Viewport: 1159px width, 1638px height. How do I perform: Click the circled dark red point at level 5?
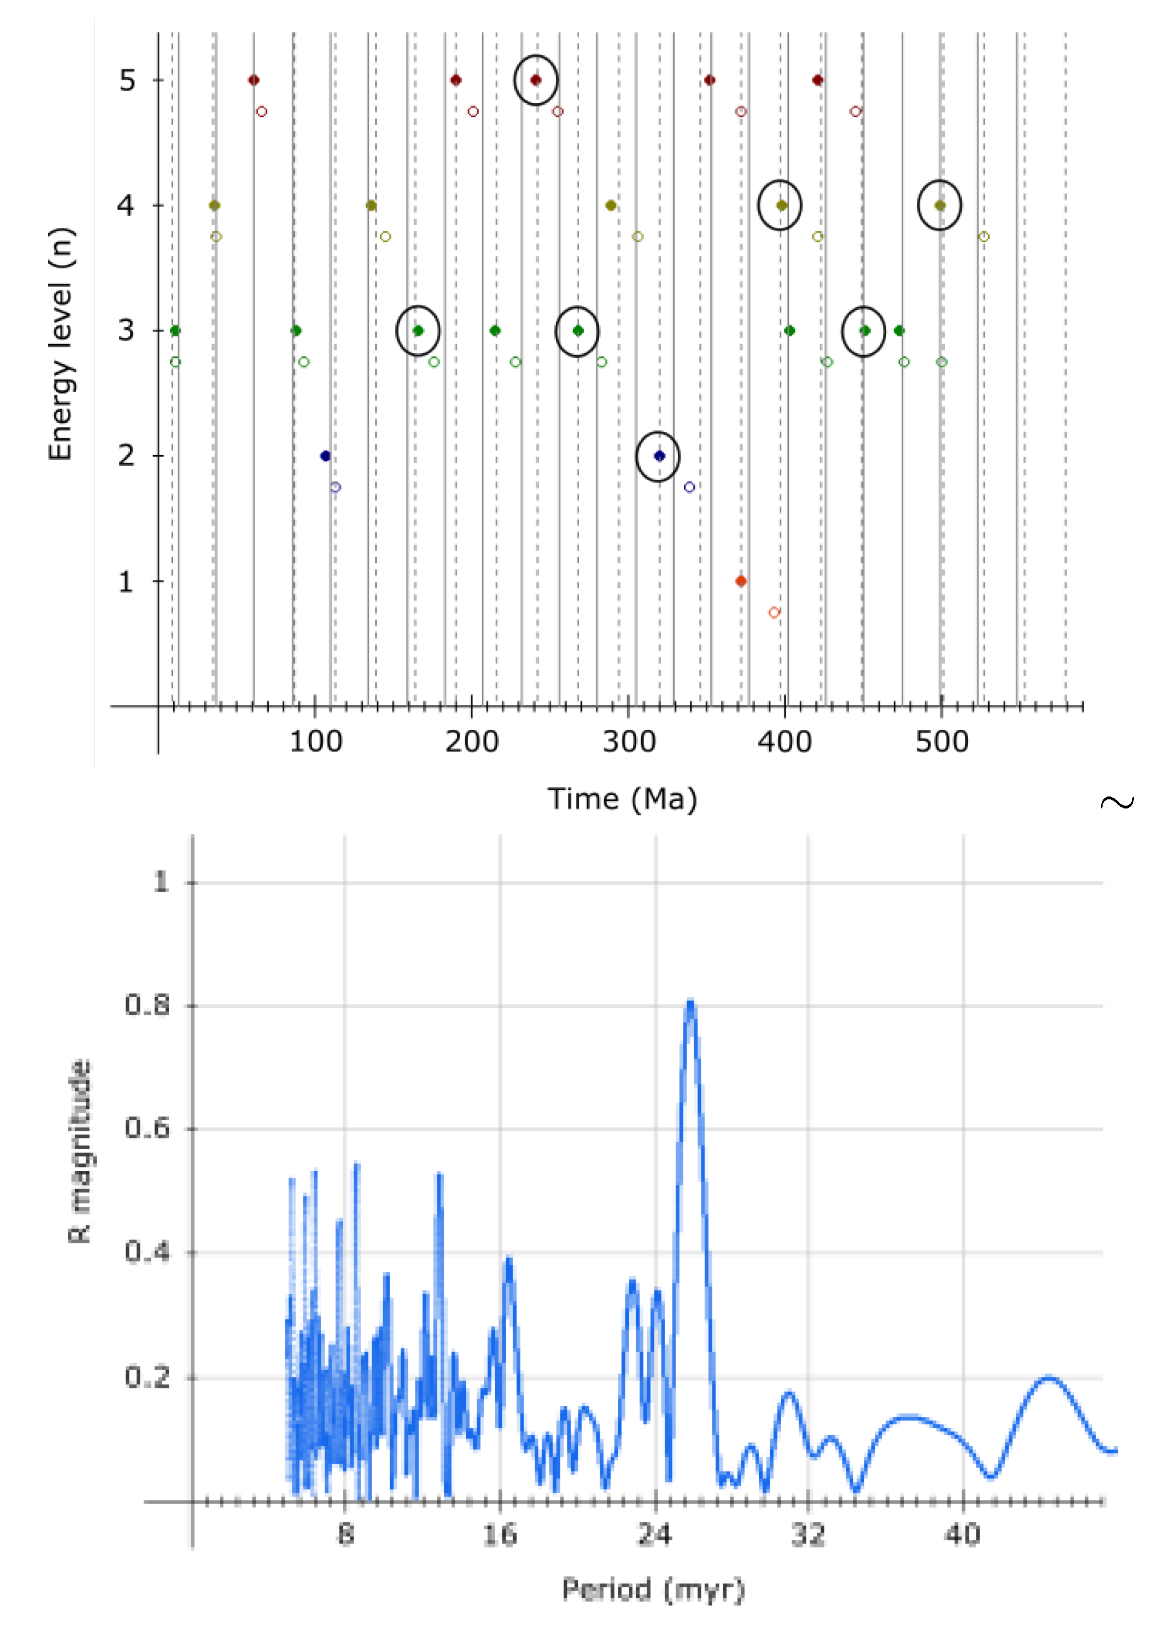(536, 80)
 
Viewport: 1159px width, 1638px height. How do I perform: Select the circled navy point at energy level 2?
(660, 455)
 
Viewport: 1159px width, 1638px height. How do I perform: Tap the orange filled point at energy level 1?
(741, 581)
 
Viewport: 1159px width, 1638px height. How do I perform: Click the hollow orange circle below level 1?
(773, 612)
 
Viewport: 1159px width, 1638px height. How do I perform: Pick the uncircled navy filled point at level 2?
(325, 455)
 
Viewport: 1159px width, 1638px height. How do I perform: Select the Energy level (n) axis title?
(61, 344)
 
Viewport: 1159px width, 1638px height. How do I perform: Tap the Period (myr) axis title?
(653, 1590)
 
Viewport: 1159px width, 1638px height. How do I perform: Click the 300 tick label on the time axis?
(629, 742)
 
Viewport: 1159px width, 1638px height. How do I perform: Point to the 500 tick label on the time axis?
(941, 742)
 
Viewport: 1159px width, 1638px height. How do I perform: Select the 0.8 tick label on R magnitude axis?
(148, 1005)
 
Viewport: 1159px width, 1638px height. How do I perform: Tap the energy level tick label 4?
(126, 206)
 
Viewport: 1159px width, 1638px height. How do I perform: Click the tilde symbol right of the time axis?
(1117, 802)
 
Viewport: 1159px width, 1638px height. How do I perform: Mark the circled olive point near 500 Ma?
(940, 206)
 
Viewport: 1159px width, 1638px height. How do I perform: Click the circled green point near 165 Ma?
(418, 330)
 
